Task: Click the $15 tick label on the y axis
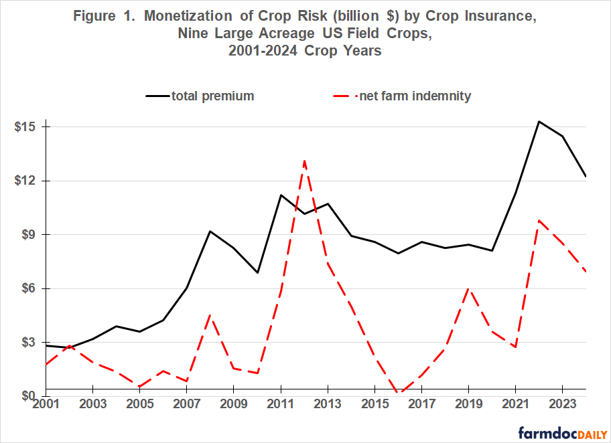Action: click(x=25, y=127)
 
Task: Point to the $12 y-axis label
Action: click(x=25, y=181)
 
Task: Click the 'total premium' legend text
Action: click(x=212, y=96)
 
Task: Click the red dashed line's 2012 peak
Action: click(x=304, y=160)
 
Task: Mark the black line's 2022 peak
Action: click(x=539, y=121)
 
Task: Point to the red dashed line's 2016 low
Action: click(x=398, y=393)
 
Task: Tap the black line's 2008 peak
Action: click(x=210, y=231)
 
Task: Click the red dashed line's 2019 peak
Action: click(x=468, y=288)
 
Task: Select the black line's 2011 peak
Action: click(x=281, y=195)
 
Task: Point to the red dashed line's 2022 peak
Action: click(x=539, y=220)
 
